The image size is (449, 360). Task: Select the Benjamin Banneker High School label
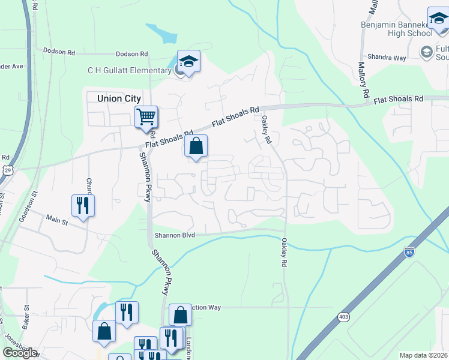click(x=396, y=29)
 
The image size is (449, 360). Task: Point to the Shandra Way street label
click(x=387, y=58)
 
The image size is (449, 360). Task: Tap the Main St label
click(x=58, y=221)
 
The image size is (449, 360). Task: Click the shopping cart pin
click(x=146, y=117)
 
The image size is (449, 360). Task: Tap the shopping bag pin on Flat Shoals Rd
click(x=196, y=146)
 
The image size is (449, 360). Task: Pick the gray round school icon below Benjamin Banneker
click(x=427, y=50)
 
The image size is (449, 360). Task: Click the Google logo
click(x=20, y=353)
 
